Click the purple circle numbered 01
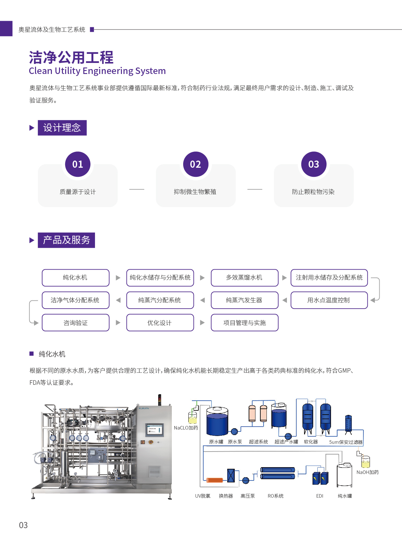coord(77,164)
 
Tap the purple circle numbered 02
coord(195,164)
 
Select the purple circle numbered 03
coord(313,164)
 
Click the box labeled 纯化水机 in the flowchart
coord(76,278)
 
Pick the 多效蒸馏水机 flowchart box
coord(244,278)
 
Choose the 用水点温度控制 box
coord(329,300)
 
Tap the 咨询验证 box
coord(76,323)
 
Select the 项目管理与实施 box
coord(244,323)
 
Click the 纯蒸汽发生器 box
coord(244,300)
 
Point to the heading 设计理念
coord(62,128)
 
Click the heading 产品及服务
coord(66,240)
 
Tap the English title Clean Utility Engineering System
coord(97,71)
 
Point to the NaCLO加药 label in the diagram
coord(186,428)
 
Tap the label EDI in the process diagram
coord(320,496)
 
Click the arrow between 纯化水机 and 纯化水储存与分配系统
coord(118,278)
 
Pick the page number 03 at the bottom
coord(23,525)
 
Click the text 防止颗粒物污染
coord(313,192)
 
